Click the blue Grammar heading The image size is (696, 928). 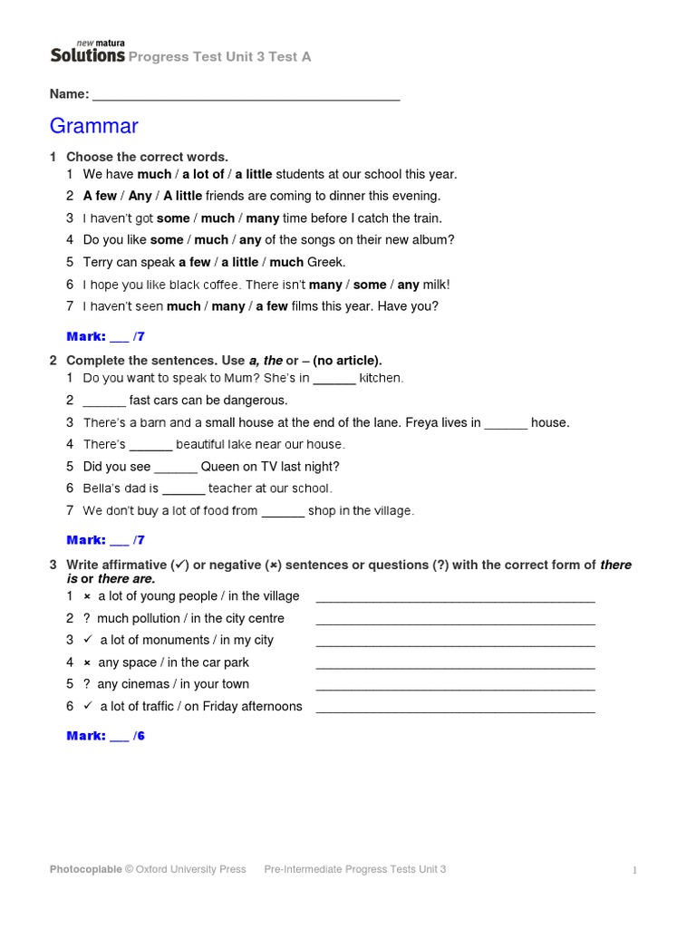click(x=94, y=125)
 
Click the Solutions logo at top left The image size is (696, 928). click(x=87, y=54)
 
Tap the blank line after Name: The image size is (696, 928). click(x=246, y=95)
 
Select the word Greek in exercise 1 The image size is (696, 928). click(x=326, y=262)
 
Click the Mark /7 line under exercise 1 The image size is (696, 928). click(x=106, y=337)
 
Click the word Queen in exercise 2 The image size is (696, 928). click(x=219, y=467)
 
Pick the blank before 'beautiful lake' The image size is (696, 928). click(x=150, y=445)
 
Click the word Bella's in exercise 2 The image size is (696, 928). click(x=101, y=488)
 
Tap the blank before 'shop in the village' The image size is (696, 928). click(x=283, y=511)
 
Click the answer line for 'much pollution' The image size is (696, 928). click(x=455, y=619)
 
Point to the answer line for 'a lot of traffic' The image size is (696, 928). click(x=455, y=707)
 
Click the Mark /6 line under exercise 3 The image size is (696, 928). click(x=106, y=736)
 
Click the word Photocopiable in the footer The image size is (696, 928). click(x=86, y=869)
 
